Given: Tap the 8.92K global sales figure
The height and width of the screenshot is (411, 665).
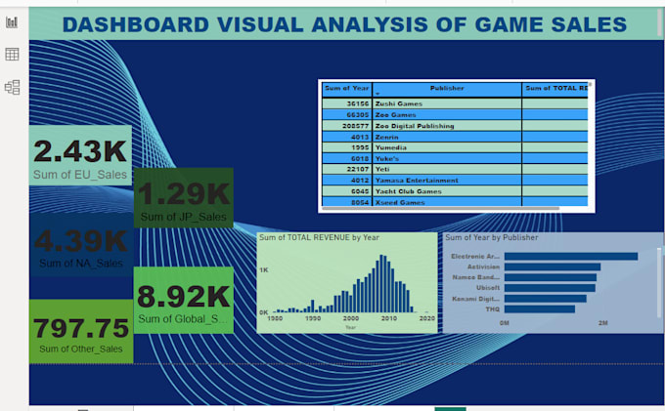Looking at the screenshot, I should click(x=183, y=296).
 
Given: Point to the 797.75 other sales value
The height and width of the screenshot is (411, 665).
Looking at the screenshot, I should click(x=81, y=328).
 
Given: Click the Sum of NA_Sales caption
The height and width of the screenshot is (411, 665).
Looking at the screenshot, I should click(x=81, y=264).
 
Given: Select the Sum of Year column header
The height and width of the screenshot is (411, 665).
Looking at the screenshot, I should click(x=346, y=88).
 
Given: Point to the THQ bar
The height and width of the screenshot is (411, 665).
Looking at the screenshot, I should click(x=539, y=308).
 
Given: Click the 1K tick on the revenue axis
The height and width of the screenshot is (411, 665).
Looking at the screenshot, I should click(x=262, y=267).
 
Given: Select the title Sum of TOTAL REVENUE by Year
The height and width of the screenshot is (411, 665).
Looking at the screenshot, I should click(x=319, y=237).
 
